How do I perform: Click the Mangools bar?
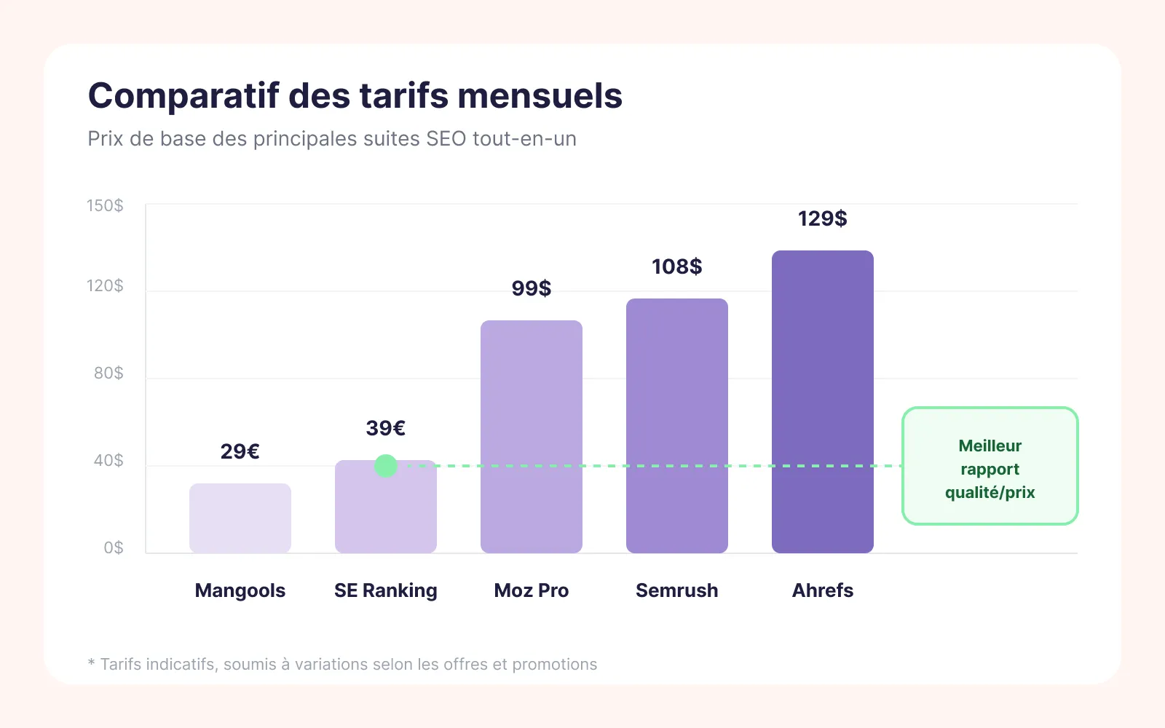(x=240, y=518)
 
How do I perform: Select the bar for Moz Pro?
(x=532, y=437)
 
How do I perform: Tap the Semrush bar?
(x=677, y=426)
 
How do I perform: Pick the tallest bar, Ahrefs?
(x=823, y=402)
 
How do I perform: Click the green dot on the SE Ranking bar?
(x=386, y=466)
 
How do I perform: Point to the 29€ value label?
(x=240, y=451)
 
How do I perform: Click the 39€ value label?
(x=386, y=428)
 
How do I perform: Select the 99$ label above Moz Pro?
(x=532, y=288)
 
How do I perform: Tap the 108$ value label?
(x=677, y=266)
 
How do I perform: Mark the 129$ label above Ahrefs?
(x=823, y=218)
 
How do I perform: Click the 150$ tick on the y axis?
(x=106, y=206)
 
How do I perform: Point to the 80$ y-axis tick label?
(x=108, y=373)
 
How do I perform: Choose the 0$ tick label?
(x=114, y=548)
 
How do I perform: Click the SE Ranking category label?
(x=386, y=590)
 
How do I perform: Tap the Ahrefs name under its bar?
(x=823, y=590)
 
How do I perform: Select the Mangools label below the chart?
(x=240, y=590)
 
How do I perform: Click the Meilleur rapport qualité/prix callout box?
(x=990, y=466)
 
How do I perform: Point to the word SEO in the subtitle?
(x=446, y=139)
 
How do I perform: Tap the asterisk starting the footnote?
(x=92, y=662)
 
